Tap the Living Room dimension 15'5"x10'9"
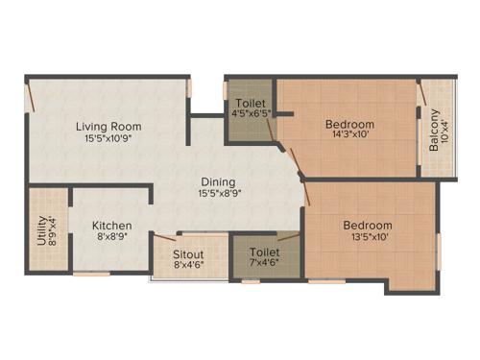pyautogui.click(x=108, y=138)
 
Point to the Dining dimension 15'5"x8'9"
pyautogui.click(x=219, y=194)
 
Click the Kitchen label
pyautogui.click(x=112, y=226)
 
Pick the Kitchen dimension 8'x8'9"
pyautogui.click(x=112, y=238)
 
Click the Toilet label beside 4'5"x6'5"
pyautogui.click(x=251, y=104)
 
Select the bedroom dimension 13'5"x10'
pyautogui.click(x=368, y=238)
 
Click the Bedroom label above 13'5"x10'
pyautogui.click(x=368, y=226)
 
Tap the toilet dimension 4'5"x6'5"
pyautogui.click(x=251, y=115)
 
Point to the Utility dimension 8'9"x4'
pyautogui.click(x=53, y=229)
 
